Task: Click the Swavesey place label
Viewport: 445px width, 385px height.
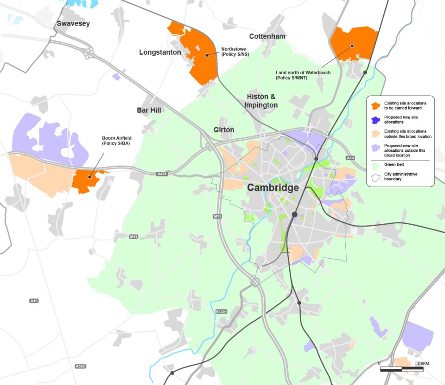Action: click(73, 23)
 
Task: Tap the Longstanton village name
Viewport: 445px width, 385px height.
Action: click(160, 52)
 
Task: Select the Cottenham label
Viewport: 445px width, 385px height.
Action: click(267, 36)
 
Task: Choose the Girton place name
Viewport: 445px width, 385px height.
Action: click(224, 130)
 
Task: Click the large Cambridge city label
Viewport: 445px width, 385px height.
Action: click(273, 188)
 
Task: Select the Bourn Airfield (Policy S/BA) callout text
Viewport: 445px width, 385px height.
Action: click(116, 141)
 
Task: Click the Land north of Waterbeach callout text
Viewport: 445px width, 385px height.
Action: click(297, 75)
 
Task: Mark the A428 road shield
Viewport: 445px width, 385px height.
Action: click(161, 174)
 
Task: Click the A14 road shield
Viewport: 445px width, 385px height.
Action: click(350, 158)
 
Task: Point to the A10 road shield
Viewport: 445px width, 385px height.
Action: click(34, 301)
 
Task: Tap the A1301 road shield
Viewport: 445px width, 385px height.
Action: click(221, 312)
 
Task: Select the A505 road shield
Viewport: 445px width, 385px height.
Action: click(80, 366)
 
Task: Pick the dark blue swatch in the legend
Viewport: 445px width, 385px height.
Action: click(375, 119)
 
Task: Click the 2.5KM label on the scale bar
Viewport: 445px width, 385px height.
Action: click(423, 363)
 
